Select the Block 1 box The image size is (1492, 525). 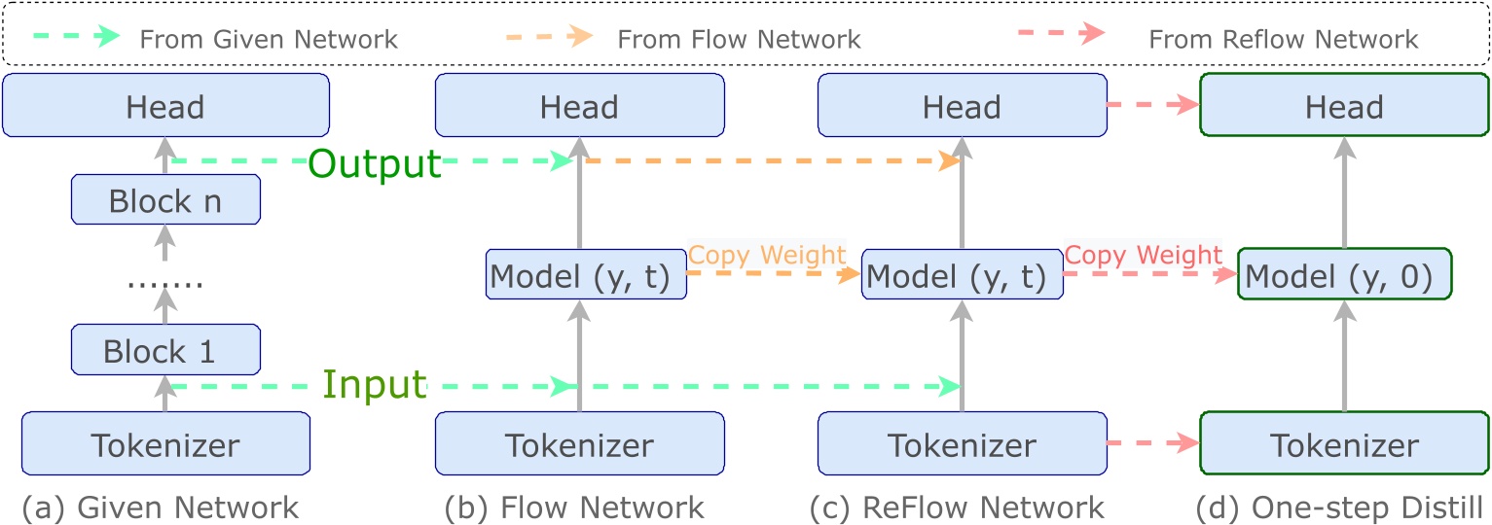[165, 350]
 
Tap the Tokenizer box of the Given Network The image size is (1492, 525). [165, 444]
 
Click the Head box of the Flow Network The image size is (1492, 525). [580, 105]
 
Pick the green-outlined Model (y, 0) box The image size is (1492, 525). [1344, 276]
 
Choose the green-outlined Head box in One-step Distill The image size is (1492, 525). [1344, 105]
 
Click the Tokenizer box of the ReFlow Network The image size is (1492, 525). [962, 444]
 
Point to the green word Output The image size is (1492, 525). [375, 164]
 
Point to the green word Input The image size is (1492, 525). [375, 385]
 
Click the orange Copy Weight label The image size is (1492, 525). [767, 255]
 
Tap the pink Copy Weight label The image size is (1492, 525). [1143, 255]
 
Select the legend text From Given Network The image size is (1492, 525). [269, 40]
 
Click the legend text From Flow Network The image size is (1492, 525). [739, 40]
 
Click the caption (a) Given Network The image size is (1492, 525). [161, 507]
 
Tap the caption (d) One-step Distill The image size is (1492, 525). [1340, 507]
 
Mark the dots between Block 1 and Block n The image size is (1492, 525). [165, 285]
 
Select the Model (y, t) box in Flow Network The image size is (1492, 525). [580, 276]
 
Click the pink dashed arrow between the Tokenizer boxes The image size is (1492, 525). [1153, 444]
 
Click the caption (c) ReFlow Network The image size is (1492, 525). [958, 507]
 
